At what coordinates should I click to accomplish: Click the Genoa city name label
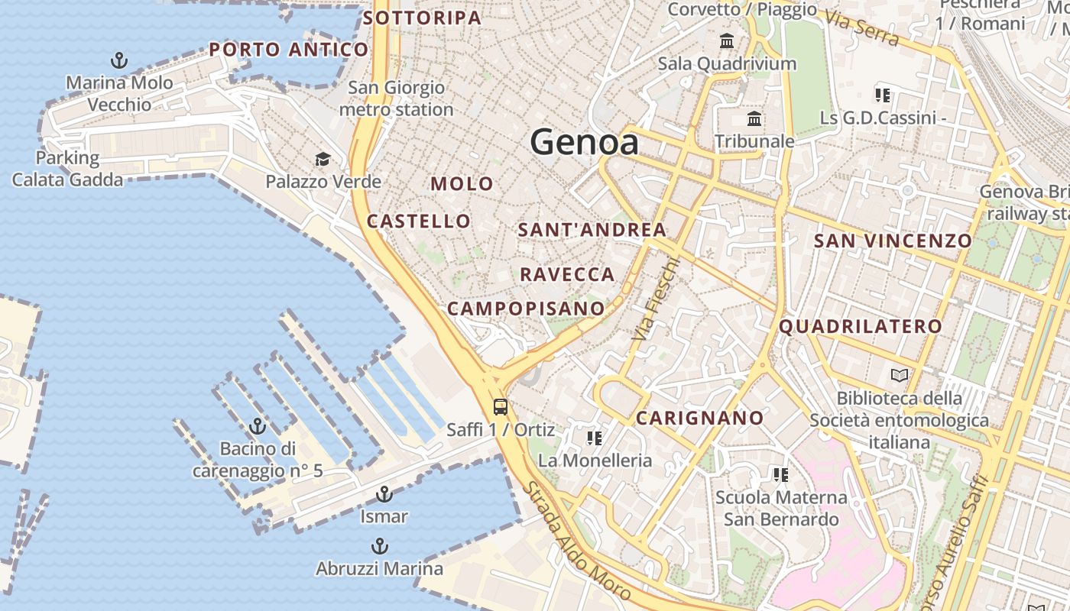(x=585, y=142)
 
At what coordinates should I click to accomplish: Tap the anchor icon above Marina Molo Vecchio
(x=119, y=60)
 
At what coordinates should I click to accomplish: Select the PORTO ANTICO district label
(x=289, y=50)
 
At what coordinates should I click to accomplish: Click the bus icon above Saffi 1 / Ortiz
(x=501, y=407)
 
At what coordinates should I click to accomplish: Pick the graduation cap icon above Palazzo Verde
(x=323, y=159)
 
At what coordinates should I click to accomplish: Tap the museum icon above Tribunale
(x=754, y=119)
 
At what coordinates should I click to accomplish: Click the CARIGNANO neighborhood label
(x=699, y=418)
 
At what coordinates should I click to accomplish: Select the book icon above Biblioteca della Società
(x=900, y=376)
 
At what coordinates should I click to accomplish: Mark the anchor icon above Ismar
(x=384, y=494)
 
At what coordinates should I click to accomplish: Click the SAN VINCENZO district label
(x=892, y=241)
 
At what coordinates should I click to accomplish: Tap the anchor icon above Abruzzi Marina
(x=379, y=546)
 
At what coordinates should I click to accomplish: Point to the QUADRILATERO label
(x=861, y=327)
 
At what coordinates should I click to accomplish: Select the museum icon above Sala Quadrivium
(x=727, y=40)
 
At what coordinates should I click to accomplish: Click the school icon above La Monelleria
(x=595, y=438)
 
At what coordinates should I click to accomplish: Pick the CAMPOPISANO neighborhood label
(x=526, y=309)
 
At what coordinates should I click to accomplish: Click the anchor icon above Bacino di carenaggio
(x=258, y=426)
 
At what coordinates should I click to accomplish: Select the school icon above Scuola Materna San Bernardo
(x=780, y=475)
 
